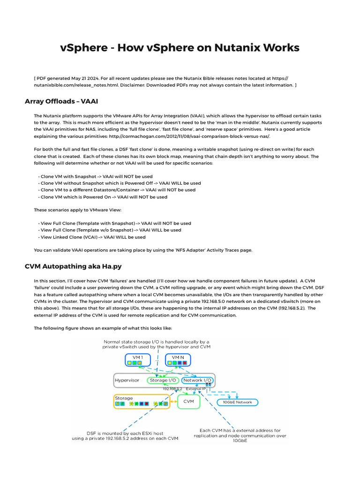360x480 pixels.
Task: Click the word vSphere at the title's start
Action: [x=80, y=48]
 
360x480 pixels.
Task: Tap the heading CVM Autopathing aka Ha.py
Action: [x=73, y=266]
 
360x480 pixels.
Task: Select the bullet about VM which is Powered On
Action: [x=104, y=197]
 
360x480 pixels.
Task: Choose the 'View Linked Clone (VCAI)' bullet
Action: [x=93, y=237]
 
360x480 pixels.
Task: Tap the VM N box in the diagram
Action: [x=179, y=360]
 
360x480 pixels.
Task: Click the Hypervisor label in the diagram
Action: [x=127, y=380]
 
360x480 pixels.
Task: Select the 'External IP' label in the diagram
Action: [x=196, y=389]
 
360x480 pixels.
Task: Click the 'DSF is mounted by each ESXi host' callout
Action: [x=125, y=435]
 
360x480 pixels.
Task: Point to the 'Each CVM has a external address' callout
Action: [x=240, y=435]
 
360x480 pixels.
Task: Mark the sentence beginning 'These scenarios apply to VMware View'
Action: [x=77, y=210]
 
